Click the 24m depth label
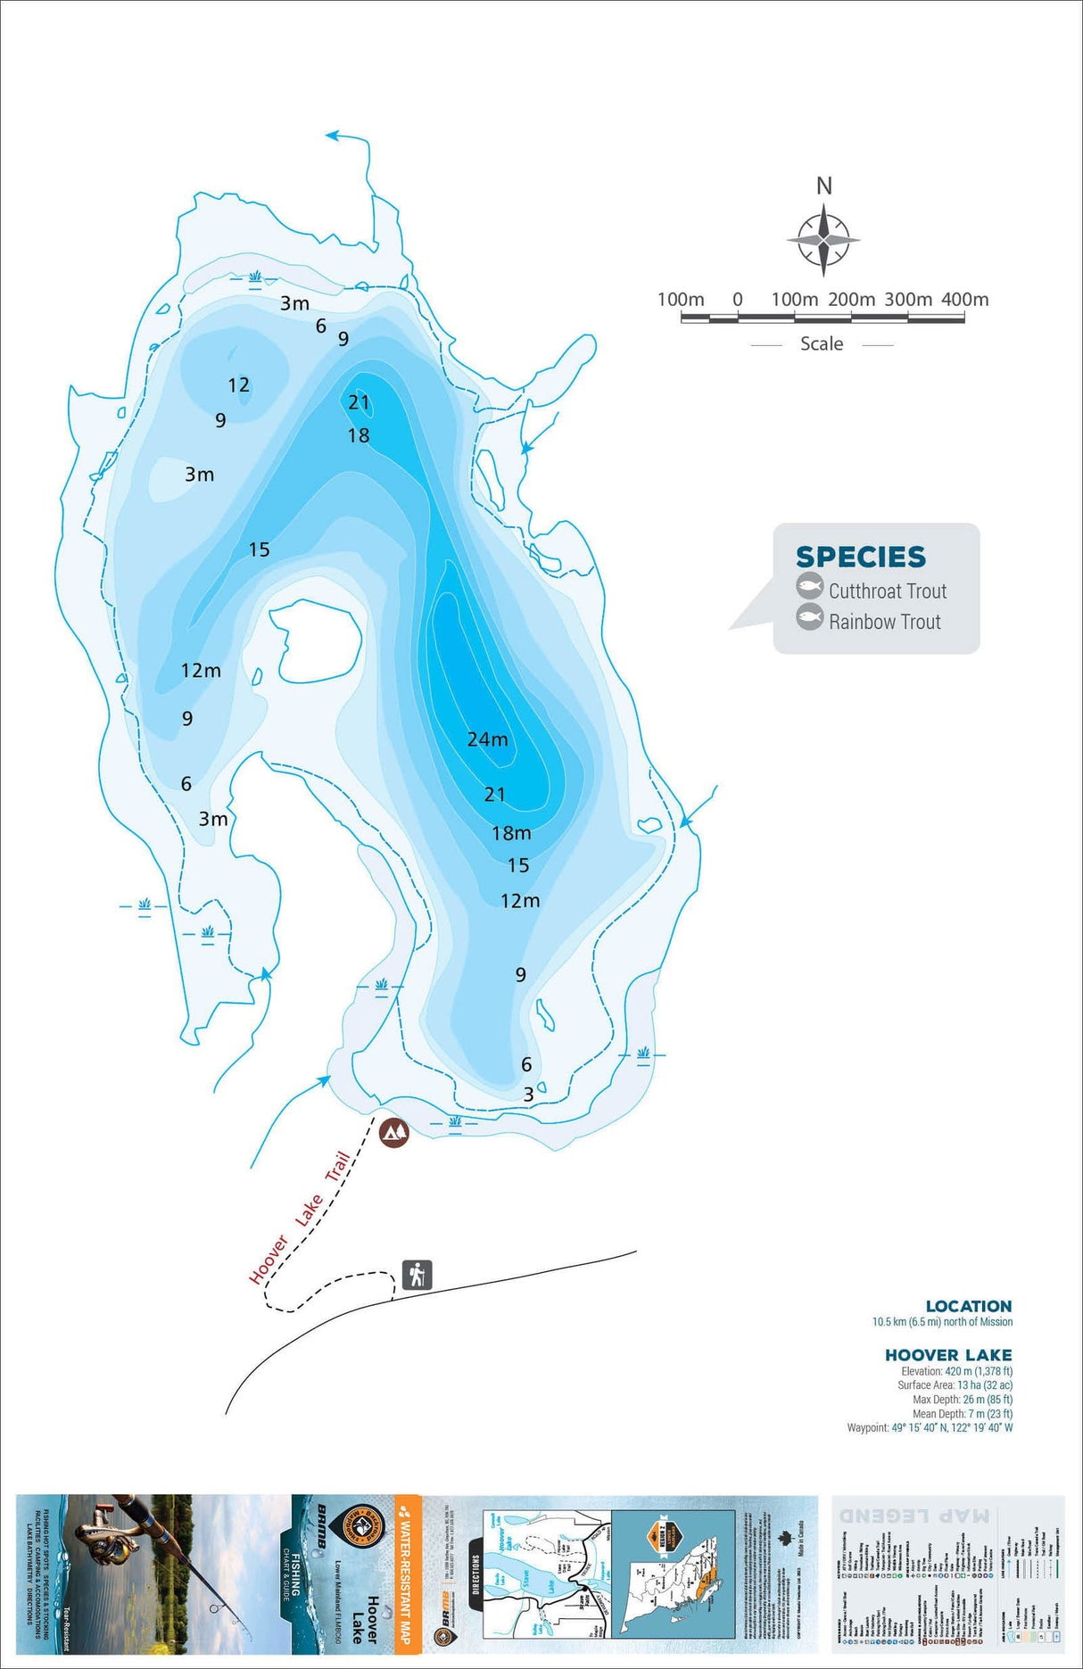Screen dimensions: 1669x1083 (487, 739)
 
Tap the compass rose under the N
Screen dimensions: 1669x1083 (823, 240)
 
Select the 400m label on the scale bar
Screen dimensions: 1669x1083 (964, 300)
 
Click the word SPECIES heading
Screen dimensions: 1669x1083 (861, 557)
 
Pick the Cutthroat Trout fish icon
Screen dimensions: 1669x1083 (809, 587)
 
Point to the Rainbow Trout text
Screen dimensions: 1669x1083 (884, 622)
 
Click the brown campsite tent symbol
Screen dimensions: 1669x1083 (393, 1132)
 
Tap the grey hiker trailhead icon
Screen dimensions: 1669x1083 (417, 1274)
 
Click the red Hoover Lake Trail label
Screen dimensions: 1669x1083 (300, 1219)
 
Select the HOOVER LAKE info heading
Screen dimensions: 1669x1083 (947, 1355)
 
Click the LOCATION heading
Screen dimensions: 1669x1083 (968, 1306)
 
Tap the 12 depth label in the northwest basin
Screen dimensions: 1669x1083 (238, 385)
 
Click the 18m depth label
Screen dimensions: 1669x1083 (511, 833)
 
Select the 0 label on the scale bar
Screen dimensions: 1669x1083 (737, 300)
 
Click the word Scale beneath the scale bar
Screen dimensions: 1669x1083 (821, 344)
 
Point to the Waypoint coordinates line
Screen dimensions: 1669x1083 (930, 1428)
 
